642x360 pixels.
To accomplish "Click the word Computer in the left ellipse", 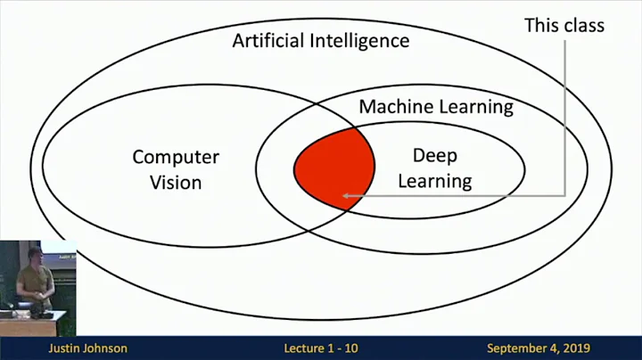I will pyautogui.click(x=176, y=158).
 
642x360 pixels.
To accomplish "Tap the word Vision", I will pyautogui.click(x=176, y=183).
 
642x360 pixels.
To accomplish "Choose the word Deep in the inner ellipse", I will pyautogui.click(x=434, y=156).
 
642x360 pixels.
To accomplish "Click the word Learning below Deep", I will pyautogui.click(x=434, y=181).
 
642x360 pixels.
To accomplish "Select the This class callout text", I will pyautogui.click(x=564, y=25).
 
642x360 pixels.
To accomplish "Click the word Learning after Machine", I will pyautogui.click(x=476, y=107).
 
